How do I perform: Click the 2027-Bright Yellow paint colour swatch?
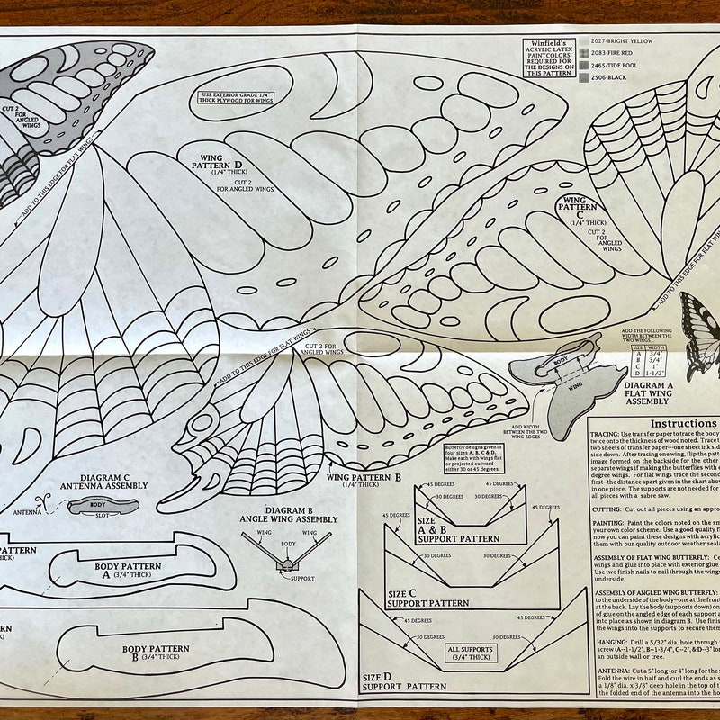pos(584,40)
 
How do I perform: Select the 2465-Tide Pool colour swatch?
pos(584,66)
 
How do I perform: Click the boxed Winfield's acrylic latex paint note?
pos(551,57)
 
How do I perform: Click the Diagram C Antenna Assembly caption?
pos(113,481)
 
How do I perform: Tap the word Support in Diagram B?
pos(302,577)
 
